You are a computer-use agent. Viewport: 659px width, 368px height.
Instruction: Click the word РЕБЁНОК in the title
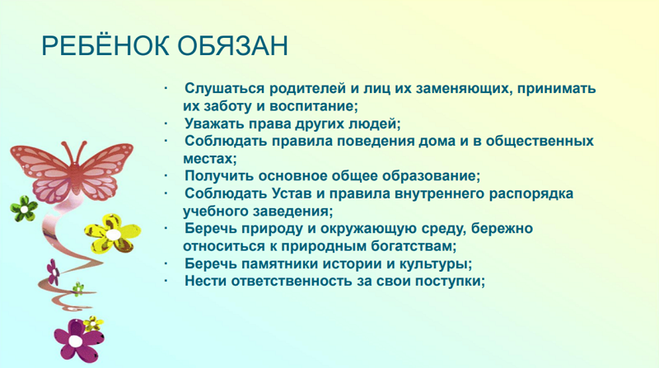(x=105, y=45)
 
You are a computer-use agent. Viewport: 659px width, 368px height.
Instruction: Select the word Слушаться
(x=225, y=89)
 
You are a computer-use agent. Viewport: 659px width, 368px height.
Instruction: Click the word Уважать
(x=214, y=124)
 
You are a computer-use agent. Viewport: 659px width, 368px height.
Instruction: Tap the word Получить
(x=219, y=176)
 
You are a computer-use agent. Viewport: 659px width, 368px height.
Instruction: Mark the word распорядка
(x=531, y=194)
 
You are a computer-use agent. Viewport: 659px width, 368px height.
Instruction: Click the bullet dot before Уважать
(x=166, y=123)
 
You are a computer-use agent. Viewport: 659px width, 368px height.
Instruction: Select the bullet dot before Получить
(x=166, y=175)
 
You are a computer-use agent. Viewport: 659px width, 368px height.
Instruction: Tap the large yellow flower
(x=112, y=234)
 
